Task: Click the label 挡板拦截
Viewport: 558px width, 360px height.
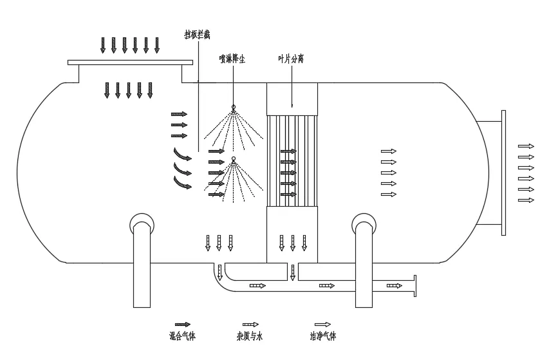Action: pos(197,35)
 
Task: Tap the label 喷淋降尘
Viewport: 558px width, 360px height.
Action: pos(232,59)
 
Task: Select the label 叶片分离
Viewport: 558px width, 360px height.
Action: pos(291,59)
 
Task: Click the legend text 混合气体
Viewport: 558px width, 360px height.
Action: pos(182,336)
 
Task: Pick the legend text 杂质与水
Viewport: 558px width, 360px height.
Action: pos(250,336)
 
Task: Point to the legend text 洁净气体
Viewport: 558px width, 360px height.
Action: pos(323,336)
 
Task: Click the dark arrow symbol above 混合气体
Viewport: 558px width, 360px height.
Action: pos(183,325)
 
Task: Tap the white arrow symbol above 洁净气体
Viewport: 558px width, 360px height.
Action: pos(322,325)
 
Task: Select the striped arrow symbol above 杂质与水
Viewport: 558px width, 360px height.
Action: pos(250,325)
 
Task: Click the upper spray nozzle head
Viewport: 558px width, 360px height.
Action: pos(234,107)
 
